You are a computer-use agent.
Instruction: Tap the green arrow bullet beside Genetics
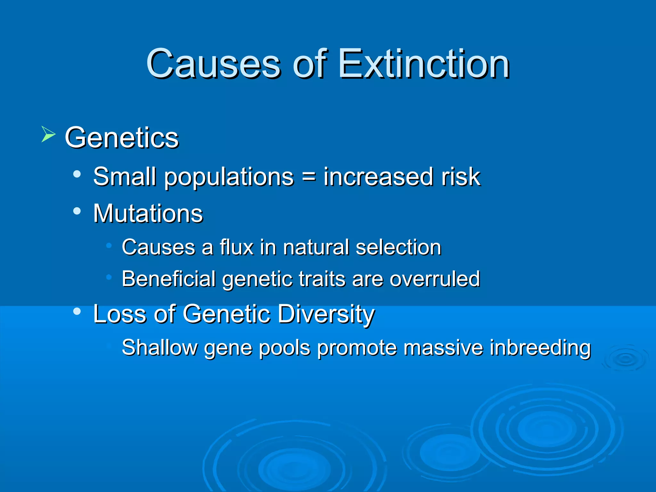pos(48,134)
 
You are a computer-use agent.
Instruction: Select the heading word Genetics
pos(121,138)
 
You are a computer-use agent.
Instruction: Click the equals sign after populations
pos(308,176)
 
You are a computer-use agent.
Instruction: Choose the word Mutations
pos(148,213)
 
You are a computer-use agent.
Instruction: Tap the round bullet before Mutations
pos(77,211)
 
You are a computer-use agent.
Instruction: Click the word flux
pos(236,247)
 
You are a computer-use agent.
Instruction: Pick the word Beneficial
pos(168,279)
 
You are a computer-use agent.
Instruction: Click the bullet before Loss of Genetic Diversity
pos(77,311)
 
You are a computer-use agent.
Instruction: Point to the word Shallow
pos(160,348)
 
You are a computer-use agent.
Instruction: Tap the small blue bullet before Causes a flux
pos(109,246)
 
